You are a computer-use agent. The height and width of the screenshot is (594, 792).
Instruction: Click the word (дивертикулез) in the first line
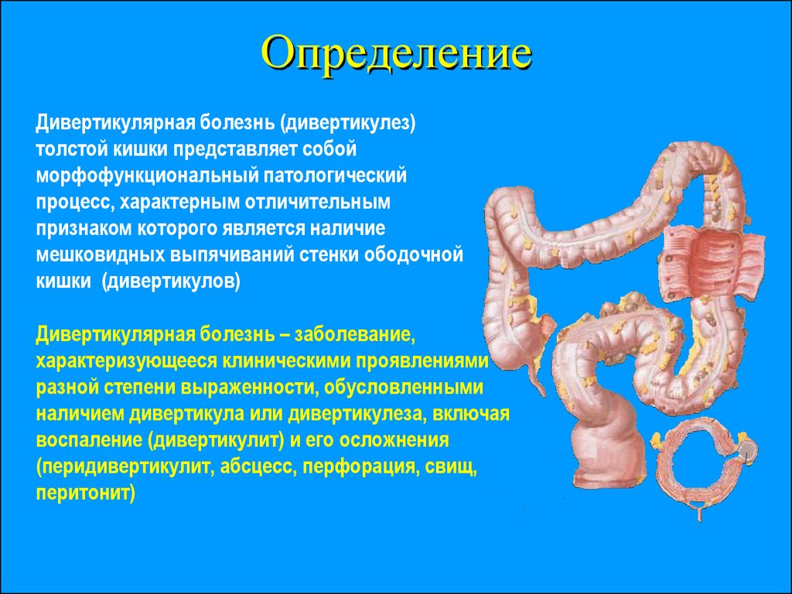(x=349, y=123)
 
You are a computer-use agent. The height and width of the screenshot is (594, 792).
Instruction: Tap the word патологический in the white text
(x=334, y=176)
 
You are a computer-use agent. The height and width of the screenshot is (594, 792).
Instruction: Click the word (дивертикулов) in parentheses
(x=171, y=281)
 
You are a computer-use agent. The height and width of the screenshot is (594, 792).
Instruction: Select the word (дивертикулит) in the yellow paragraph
(x=217, y=440)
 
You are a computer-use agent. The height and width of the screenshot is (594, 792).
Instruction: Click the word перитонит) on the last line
(x=85, y=493)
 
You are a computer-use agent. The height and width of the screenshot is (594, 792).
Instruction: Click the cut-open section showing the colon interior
(x=713, y=263)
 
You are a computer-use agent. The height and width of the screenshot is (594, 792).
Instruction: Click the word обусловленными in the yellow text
(x=404, y=387)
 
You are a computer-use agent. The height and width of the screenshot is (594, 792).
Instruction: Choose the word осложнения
(x=394, y=440)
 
